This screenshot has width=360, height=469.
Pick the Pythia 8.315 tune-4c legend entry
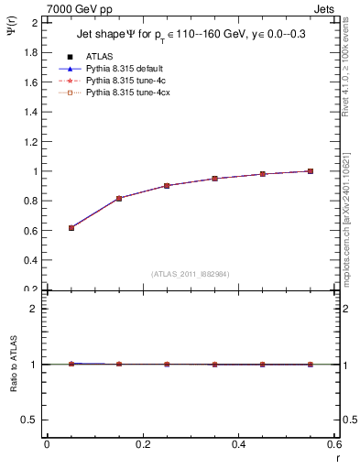pos(122,81)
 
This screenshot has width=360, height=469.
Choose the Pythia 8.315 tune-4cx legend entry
pos(124,93)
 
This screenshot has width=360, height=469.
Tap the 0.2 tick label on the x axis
pos(142,444)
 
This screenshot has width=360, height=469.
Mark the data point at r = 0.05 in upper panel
pos(71,227)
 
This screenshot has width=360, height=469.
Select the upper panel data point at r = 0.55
pos(311,171)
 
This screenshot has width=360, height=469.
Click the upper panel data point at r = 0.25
pos(167,186)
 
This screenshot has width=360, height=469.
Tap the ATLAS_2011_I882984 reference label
pos(190,274)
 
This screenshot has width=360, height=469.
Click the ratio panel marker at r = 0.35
pos(214,365)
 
